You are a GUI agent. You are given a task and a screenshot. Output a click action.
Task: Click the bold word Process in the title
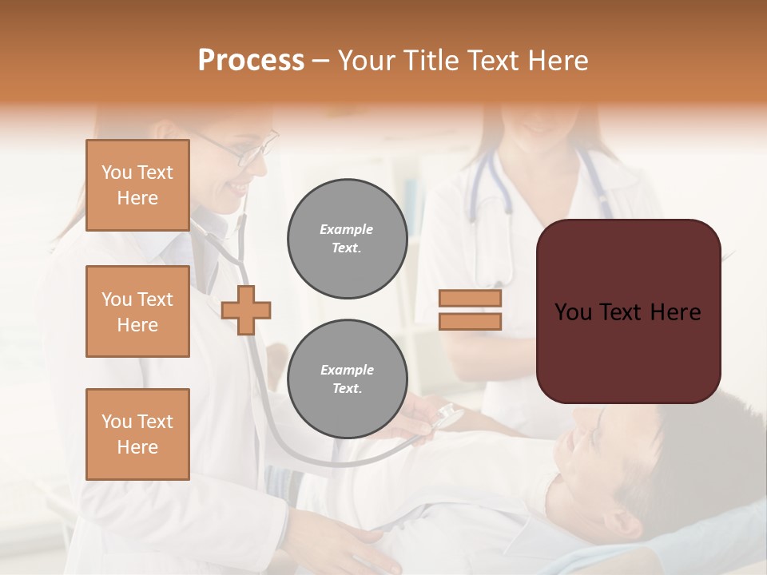tap(251, 61)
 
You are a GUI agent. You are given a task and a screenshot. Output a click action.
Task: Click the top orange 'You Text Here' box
tap(137, 185)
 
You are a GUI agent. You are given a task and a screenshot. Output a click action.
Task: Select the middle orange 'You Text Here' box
tap(137, 311)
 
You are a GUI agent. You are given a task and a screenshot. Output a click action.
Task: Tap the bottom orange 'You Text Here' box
tap(137, 434)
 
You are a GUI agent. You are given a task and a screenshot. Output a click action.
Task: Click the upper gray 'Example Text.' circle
tap(347, 239)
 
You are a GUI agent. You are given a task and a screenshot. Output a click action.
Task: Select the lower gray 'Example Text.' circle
tap(347, 379)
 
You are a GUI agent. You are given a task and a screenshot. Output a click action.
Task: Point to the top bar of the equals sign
tap(471, 299)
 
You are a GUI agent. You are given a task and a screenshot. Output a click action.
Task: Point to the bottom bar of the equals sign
tap(471, 321)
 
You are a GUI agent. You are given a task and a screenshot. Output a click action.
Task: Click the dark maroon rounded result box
tap(628, 311)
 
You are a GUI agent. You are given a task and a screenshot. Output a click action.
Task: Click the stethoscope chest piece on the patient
tap(447, 417)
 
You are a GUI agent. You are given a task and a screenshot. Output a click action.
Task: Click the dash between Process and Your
tap(321, 61)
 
